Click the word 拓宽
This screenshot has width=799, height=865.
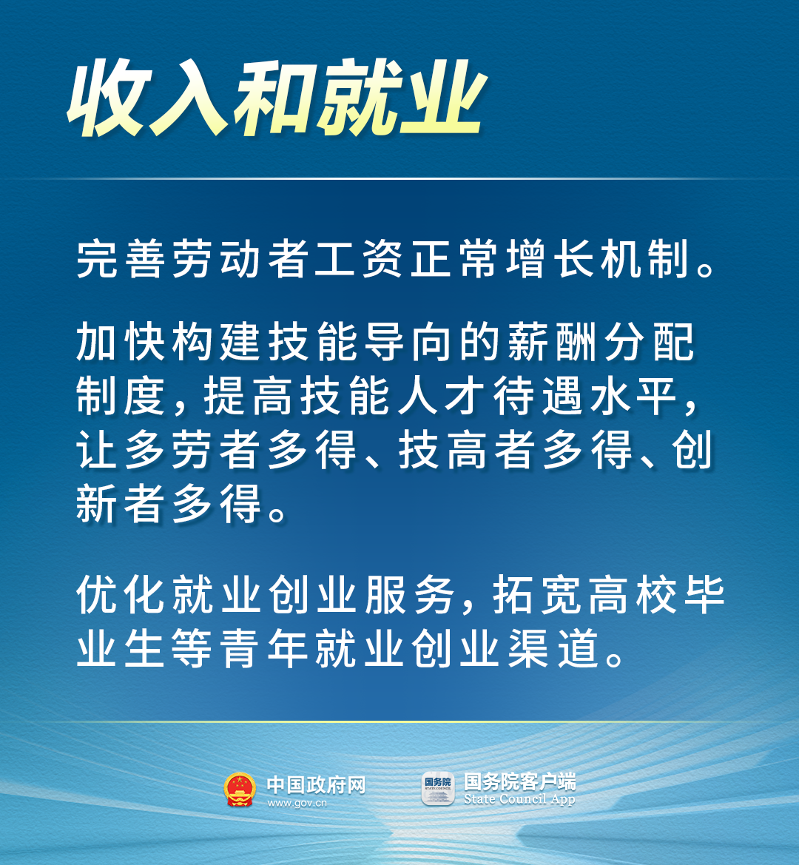535,596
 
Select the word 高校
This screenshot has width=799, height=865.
631,596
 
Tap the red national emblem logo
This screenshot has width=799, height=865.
239,790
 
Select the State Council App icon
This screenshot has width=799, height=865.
437,789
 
